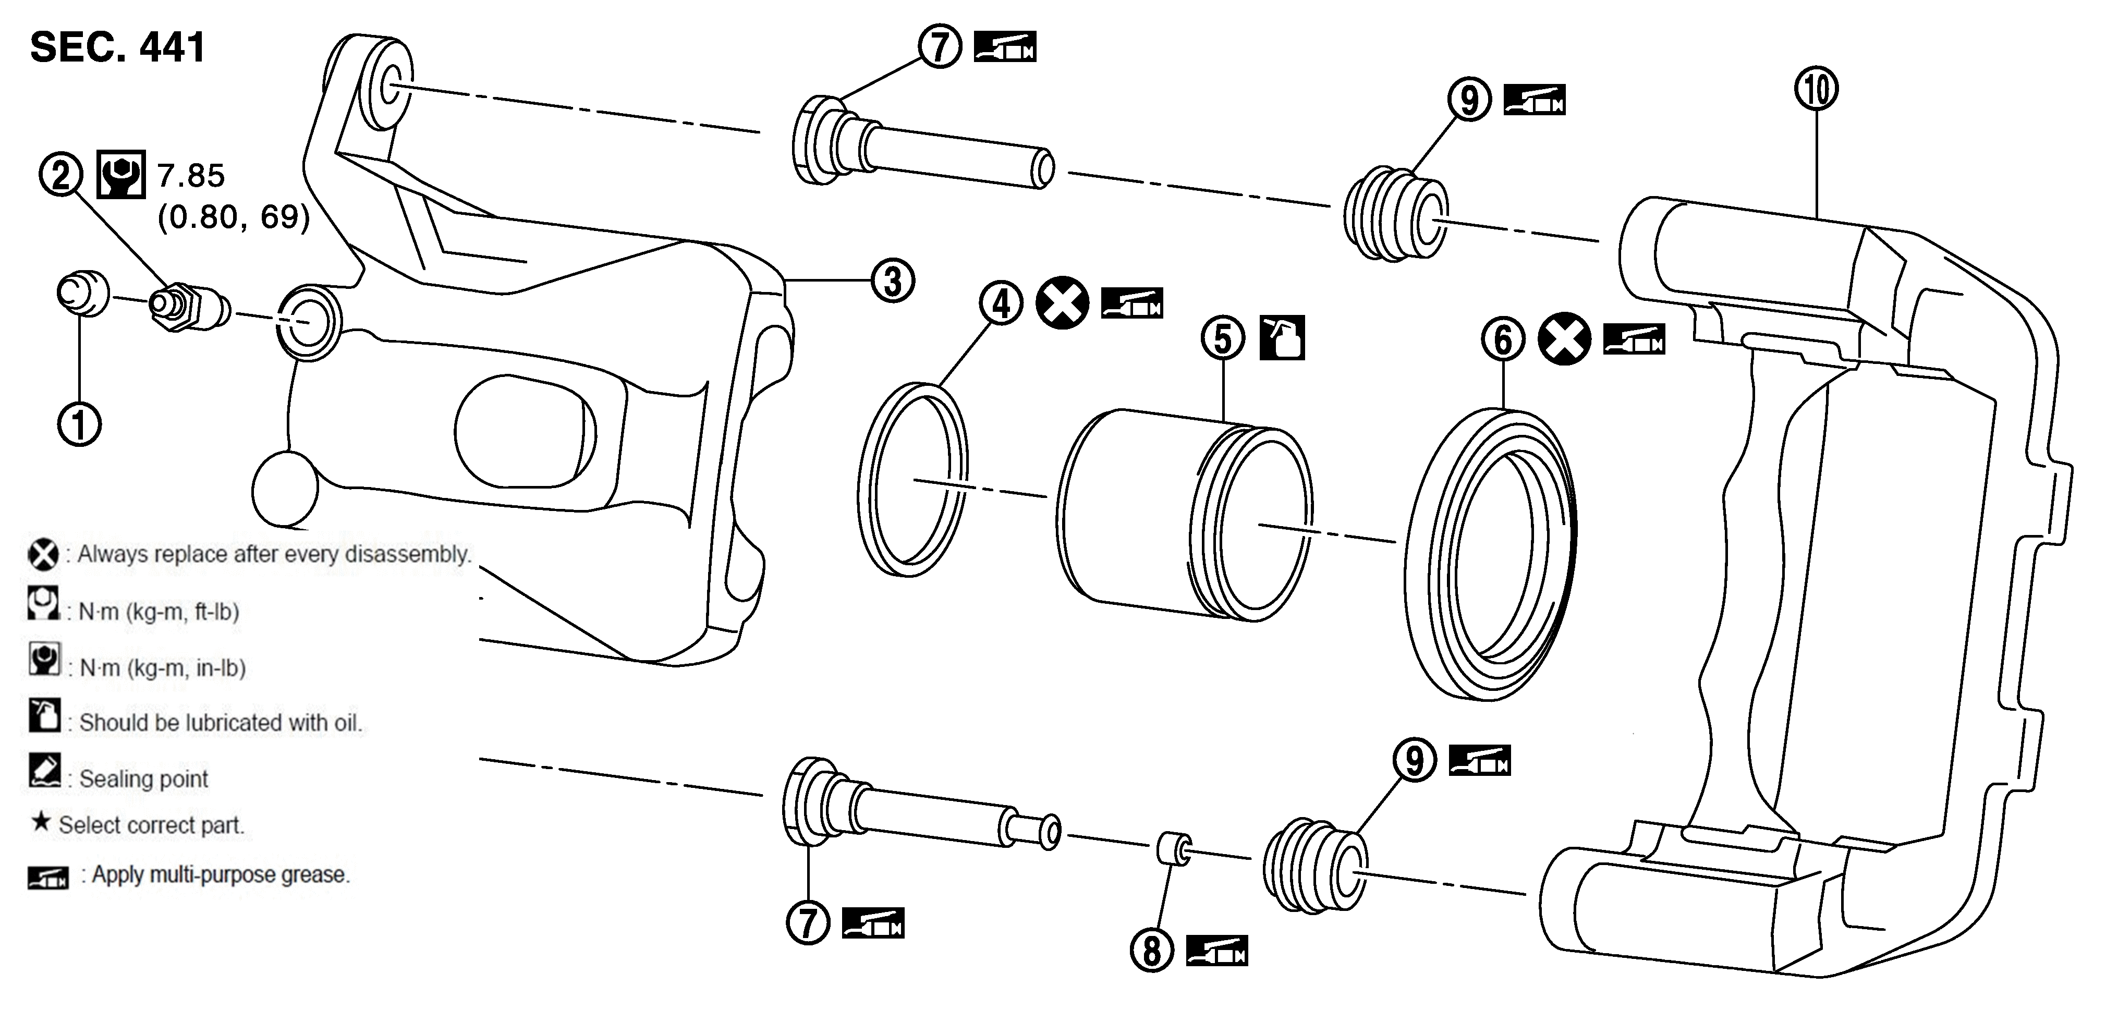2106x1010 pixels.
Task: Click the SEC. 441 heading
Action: (x=118, y=47)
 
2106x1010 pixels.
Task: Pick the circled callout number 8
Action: (x=1152, y=951)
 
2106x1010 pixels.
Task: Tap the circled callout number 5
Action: (x=1223, y=338)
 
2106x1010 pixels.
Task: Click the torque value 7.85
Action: (x=190, y=175)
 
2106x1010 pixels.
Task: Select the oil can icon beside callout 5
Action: (x=1282, y=338)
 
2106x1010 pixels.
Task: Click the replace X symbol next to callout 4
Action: (x=1063, y=303)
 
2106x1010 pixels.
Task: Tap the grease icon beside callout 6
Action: (x=1634, y=339)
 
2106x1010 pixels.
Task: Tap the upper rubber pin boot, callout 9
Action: (x=1395, y=214)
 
